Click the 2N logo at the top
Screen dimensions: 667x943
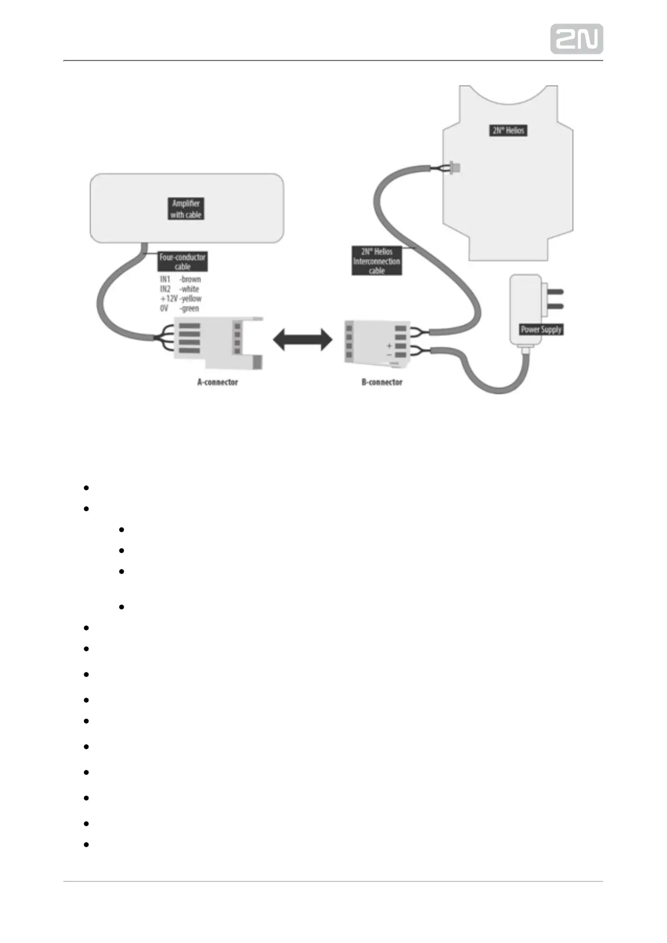(x=576, y=39)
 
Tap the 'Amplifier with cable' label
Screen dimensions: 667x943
(x=186, y=209)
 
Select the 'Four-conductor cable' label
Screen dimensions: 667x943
(x=183, y=262)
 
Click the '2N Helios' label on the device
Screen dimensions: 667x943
(x=509, y=130)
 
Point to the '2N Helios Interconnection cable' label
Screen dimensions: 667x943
(x=376, y=261)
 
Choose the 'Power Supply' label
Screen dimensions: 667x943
(x=541, y=329)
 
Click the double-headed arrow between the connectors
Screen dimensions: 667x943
(x=302, y=339)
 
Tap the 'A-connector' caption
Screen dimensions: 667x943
(x=217, y=382)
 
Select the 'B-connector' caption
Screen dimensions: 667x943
(x=381, y=382)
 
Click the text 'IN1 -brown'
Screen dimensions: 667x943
(x=180, y=279)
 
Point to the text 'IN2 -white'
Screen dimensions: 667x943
(x=179, y=289)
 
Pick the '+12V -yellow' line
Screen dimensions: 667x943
(x=180, y=298)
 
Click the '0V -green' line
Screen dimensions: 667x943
(x=179, y=308)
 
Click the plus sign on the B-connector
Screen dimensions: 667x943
(x=389, y=346)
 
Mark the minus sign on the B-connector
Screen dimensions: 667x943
(x=389, y=354)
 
